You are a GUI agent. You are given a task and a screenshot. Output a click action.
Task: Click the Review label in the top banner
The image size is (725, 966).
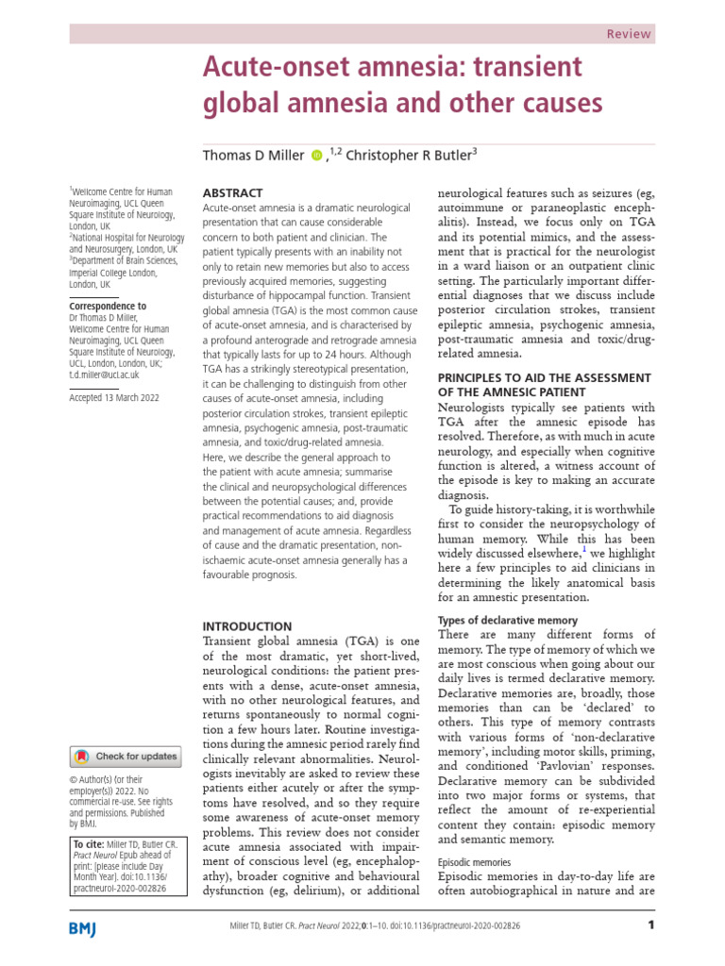point(628,34)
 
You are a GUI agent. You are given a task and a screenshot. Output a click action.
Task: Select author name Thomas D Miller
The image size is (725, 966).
point(252,155)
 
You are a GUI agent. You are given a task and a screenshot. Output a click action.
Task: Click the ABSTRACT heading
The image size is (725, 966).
point(234,192)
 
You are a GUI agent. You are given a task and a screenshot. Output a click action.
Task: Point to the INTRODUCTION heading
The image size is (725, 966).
point(248,626)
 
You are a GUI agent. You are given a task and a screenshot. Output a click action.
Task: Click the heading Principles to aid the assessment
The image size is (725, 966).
point(543,384)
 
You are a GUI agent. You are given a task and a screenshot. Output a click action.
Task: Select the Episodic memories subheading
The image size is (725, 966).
point(476,862)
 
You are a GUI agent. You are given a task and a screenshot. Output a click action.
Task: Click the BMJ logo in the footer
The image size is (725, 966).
point(89,928)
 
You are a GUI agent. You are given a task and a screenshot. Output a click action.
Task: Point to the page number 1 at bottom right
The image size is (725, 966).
point(650,925)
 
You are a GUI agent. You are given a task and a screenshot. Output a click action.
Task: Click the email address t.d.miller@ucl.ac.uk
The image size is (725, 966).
point(111,375)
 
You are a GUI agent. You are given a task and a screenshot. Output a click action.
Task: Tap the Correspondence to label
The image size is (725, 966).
point(108,306)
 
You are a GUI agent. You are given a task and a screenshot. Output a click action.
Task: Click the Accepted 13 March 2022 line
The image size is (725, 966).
point(114,398)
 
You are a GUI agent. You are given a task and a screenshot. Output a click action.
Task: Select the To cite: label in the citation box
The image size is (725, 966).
point(88,843)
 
